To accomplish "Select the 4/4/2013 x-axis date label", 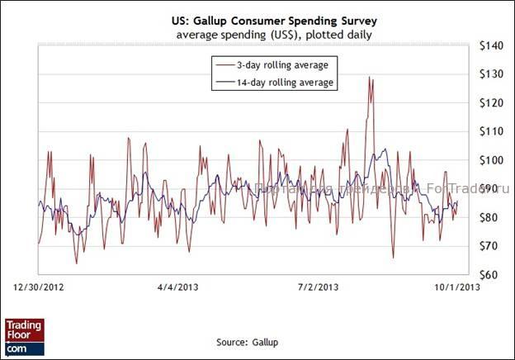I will click(x=177, y=287).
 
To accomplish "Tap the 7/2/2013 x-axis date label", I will click(x=317, y=287).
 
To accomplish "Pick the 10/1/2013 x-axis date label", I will click(x=454, y=287).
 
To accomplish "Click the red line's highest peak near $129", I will click(x=371, y=78).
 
